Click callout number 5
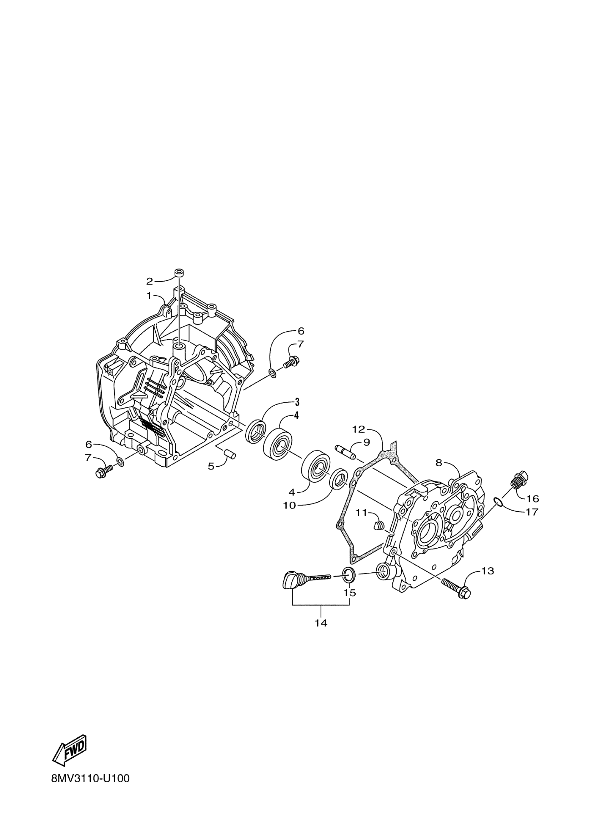211,466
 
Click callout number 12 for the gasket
358,429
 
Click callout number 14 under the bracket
321,623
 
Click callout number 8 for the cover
438,463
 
